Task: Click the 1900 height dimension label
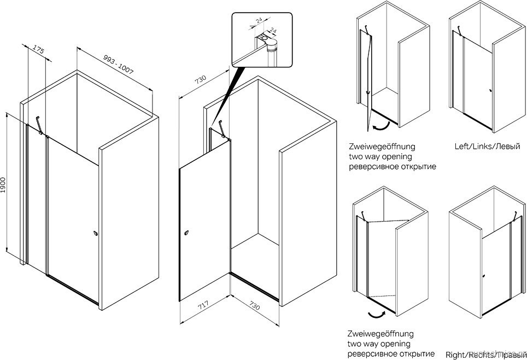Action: [4, 184]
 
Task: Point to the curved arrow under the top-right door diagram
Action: [380, 126]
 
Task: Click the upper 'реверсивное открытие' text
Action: [392, 167]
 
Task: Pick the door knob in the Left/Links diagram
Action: [491, 91]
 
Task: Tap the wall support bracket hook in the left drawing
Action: [39, 124]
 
